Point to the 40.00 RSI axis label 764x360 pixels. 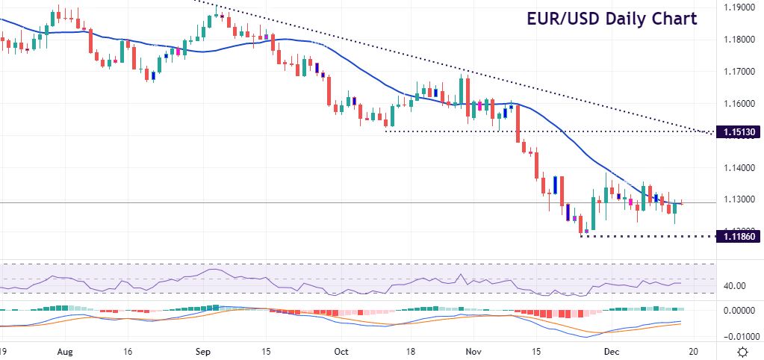(735, 285)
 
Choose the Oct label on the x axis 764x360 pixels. (341, 350)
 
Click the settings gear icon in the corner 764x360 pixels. (743, 351)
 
